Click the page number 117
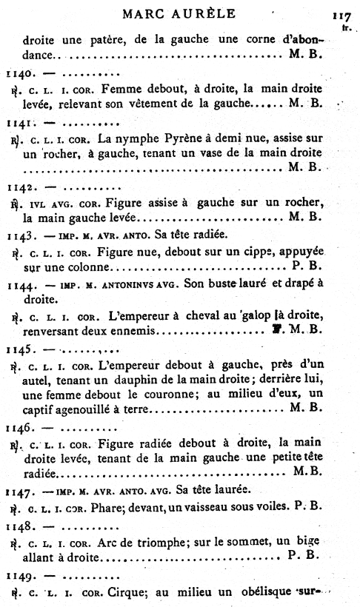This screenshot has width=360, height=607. point(341,16)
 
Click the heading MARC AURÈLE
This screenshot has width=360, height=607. point(179,13)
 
